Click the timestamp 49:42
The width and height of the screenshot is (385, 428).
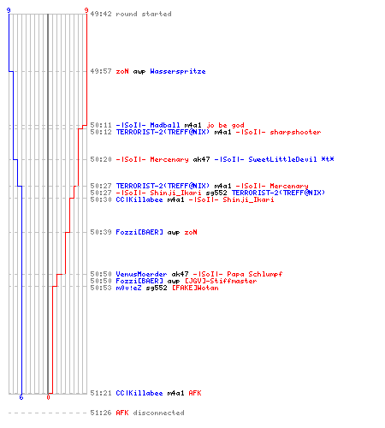click(101, 14)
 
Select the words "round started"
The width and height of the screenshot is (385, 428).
click(144, 14)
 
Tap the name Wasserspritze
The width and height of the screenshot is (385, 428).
click(178, 71)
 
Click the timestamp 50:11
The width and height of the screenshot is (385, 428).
click(101, 125)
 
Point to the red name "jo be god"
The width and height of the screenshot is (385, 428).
click(225, 125)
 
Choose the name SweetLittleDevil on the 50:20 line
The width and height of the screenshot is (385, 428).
click(282, 159)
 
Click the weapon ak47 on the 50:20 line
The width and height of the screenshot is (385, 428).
click(201, 159)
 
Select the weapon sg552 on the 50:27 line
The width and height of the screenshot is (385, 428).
click(216, 193)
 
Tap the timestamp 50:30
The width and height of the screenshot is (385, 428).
click(101, 199)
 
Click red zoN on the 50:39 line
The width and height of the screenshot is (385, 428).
click(191, 232)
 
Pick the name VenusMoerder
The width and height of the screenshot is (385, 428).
click(141, 274)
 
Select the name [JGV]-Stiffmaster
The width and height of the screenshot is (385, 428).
click(221, 281)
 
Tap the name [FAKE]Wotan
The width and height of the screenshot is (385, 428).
click(195, 288)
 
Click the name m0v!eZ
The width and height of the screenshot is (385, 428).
click(128, 288)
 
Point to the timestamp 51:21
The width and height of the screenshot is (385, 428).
click(101, 393)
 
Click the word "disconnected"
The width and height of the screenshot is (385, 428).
click(158, 413)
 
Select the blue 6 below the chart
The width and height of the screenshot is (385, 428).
click(21, 397)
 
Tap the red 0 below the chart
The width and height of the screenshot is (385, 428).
click(48, 397)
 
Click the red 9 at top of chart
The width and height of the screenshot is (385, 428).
click(86, 10)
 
